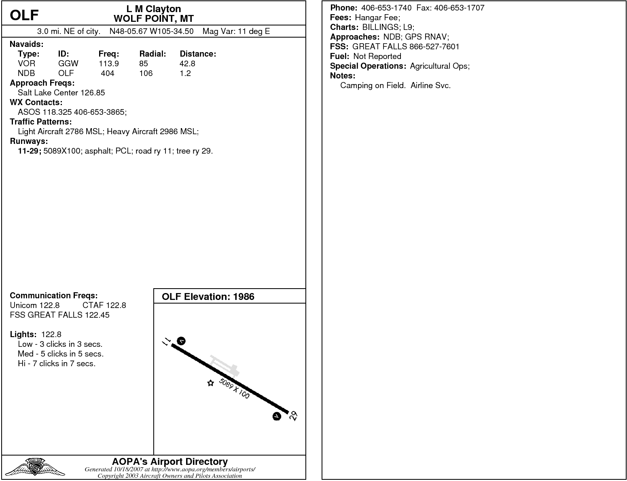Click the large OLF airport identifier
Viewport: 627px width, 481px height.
[24, 15]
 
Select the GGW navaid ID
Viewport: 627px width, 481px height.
[68, 63]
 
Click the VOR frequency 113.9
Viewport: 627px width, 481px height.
[108, 63]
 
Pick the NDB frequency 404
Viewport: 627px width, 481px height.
[108, 73]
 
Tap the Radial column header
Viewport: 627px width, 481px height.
[153, 54]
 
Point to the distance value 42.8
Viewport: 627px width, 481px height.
[187, 63]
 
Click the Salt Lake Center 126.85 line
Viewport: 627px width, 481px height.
[61, 93]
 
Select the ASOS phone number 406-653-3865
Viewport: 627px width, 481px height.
[100, 112]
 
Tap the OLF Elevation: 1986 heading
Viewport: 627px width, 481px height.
[208, 297]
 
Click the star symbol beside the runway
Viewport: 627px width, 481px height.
[210, 383]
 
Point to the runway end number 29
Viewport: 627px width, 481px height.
[294, 416]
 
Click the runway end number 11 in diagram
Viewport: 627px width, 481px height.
[166, 342]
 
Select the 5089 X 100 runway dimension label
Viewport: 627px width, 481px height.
[234, 388]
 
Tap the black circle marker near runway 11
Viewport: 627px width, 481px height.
[181, 341]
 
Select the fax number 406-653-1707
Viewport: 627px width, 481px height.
[459, 8]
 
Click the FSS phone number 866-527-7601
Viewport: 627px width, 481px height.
[434, 46]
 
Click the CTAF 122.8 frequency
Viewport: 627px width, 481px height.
[104, 305]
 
